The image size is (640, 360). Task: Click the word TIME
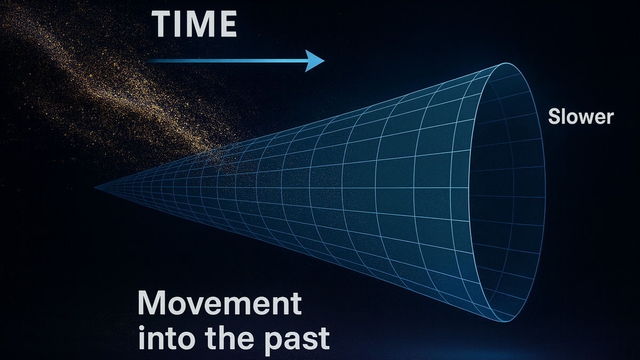click(x=194, y=24)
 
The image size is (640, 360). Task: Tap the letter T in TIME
click(x=163, y=24)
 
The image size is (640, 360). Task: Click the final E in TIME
click(x=228, y=24)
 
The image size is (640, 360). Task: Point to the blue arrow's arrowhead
click(x=315, y=61)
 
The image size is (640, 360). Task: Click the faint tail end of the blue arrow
click(x=148, y=61)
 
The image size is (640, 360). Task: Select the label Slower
click(x=581, y=117)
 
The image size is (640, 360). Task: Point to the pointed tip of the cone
click(x=95, y=188)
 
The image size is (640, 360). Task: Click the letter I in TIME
click(x=180, y=24)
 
